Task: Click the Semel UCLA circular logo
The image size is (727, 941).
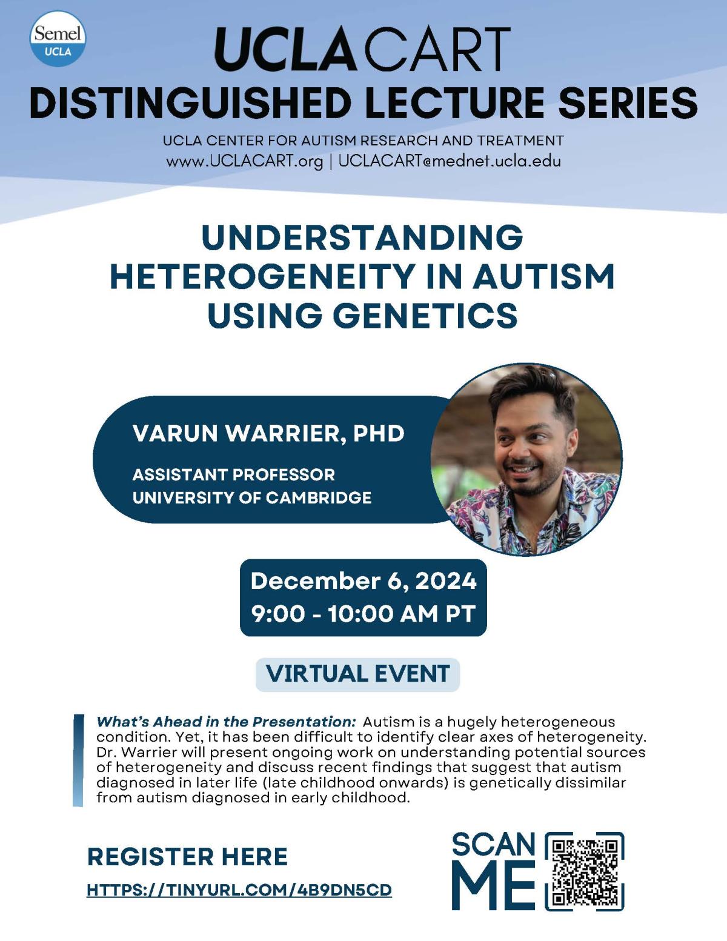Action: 58,39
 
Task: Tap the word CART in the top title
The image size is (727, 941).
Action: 438,49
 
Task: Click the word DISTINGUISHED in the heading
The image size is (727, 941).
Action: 190,102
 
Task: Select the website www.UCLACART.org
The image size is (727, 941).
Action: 244,161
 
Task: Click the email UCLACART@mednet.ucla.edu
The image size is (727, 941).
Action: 450,161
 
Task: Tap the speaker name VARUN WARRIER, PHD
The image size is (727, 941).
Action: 268,433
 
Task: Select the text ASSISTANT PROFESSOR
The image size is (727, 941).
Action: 234,474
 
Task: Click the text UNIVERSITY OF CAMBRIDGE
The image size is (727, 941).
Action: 252,497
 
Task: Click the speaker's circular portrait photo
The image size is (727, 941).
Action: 526,459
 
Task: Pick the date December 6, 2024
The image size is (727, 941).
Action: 363,580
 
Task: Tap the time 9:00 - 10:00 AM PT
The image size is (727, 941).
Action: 363,614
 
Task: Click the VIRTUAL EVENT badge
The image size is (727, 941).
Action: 357,674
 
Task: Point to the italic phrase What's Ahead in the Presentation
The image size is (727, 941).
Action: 226,722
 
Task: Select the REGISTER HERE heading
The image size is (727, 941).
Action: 187,857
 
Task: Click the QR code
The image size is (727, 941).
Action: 584,871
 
